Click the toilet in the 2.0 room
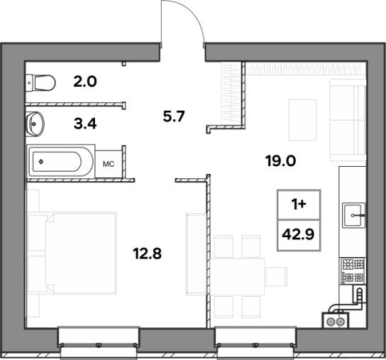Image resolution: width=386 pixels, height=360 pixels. (x=40, y=83)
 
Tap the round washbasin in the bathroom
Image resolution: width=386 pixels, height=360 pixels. (x=35, y=124)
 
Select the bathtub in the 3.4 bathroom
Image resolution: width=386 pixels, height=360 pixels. (x=61, y=162)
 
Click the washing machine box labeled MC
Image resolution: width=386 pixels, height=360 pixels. (x=109, y=164)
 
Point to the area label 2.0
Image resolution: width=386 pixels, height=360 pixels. (x=85, y=82)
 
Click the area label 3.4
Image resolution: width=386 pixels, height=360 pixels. (x=85, y=124)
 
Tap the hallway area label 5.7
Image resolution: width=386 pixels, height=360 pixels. (x=174, y=116)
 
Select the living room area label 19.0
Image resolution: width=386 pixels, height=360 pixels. (x=280, y=161)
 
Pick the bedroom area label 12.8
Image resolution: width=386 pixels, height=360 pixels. (x=147, y=253)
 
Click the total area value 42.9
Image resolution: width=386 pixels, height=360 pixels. (x=298, y=234)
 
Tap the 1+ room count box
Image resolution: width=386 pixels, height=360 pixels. (x=299, y=204)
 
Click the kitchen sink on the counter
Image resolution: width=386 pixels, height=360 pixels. (x=354, y=215)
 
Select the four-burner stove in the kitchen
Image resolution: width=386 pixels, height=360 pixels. (x=353, y=271)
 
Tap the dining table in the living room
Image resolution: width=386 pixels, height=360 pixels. (x=237, y=276)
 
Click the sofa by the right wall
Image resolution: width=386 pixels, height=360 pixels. (x=348, y=120)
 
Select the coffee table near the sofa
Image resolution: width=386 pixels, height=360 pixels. (x=302, y=120)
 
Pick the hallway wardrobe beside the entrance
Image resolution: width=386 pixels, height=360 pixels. (x=231, y=94)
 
